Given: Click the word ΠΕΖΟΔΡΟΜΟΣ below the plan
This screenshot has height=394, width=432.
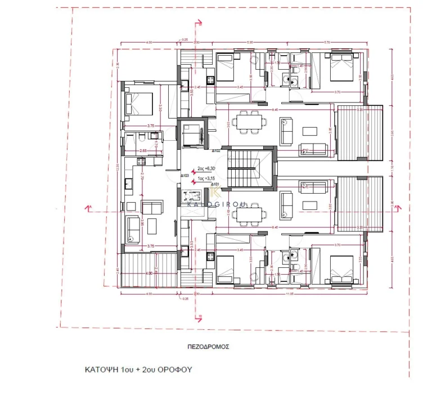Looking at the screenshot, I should pos(208,347).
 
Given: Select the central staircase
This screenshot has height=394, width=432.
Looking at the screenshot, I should pos(250,167).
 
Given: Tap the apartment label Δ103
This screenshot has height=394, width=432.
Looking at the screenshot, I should pos(184,176).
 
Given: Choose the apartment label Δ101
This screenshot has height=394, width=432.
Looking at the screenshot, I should pos(214,185).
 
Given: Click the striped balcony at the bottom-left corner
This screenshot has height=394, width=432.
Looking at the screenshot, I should pos(148,270).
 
